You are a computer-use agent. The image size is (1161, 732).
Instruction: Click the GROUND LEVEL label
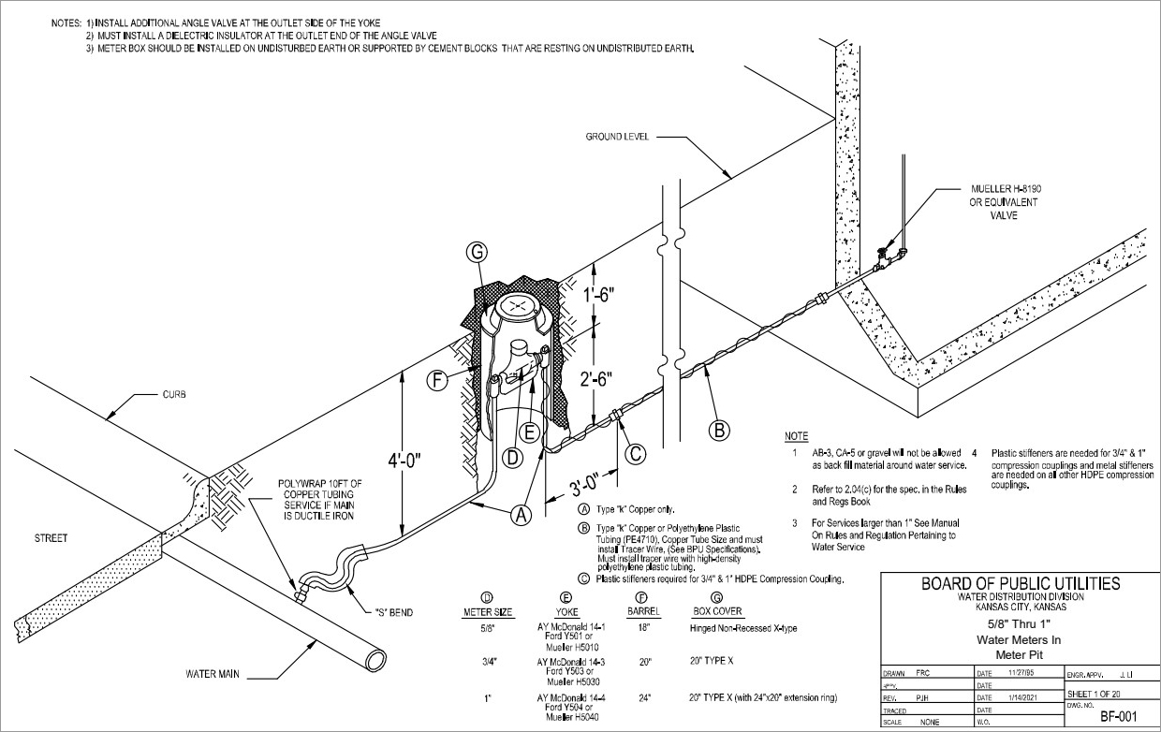(x=617, y=136)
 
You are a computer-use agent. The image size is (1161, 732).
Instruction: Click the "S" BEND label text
(x=393, y=613)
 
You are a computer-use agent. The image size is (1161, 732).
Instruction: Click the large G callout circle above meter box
(x=477, y=252)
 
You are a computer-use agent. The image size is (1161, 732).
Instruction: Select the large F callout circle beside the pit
(x=435, y=380)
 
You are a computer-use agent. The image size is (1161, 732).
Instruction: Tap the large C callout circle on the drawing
(x=636, y=454)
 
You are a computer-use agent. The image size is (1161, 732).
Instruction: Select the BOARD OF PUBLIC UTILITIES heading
(x=1020, y=583)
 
